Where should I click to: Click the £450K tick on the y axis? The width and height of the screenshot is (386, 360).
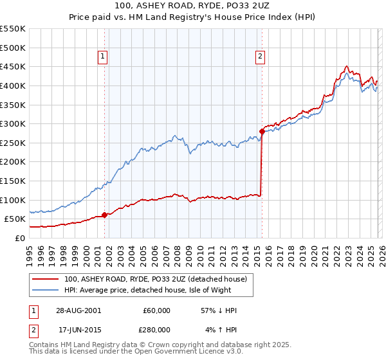coord(13,66)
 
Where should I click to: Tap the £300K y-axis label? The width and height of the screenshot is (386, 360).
coord(13,123)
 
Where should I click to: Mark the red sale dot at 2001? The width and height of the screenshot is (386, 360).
coord(104,215)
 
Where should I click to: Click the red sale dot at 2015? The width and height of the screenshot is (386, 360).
coord(261,131)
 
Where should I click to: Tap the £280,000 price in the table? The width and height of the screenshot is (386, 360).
coord(156,329)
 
